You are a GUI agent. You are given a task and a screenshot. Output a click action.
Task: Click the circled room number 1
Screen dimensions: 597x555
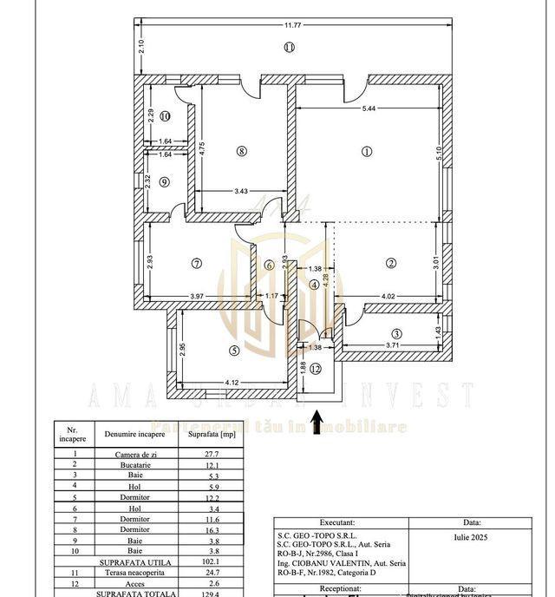pos(367,151)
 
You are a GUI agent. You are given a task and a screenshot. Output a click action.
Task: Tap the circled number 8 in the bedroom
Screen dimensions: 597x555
pos(242,151)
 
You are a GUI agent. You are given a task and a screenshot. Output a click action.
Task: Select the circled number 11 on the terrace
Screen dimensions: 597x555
pos(290,47)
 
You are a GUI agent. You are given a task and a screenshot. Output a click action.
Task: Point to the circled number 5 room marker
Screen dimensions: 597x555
pos(234,351)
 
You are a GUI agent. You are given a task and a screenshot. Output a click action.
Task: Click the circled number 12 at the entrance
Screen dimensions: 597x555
pos(316,369)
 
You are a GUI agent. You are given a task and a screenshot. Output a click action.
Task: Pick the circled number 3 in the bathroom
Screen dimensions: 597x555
pos(396,333)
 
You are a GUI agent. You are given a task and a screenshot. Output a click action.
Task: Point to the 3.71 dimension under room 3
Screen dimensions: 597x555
pos(393,345)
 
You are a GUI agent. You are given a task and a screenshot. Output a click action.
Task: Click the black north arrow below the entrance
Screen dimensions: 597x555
pos(317,421)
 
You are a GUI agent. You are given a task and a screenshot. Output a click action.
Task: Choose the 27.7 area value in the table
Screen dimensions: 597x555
pos(212,454)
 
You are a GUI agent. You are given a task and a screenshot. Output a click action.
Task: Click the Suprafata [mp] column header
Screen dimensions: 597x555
pos(212,433)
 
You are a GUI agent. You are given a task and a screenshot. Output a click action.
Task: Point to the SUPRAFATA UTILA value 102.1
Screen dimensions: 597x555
pos(212,561)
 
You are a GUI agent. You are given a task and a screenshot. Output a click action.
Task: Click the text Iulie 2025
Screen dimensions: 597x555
pos(471,538)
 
